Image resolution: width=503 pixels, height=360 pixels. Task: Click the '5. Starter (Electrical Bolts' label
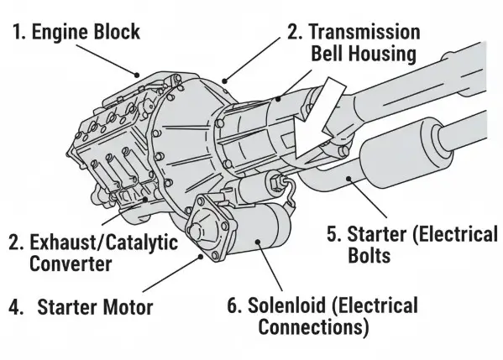[x=411, y=244]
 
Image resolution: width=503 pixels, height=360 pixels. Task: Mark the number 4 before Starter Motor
[x=15, y=306]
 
